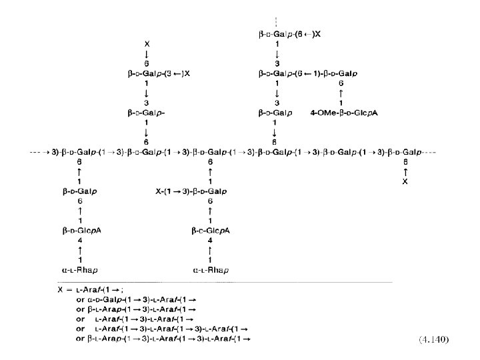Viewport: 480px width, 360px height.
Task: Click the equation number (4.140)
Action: [x=433, y=339]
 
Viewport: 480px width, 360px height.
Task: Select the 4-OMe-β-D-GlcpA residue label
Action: [x=345, y=113]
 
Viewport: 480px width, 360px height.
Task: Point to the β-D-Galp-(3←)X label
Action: [x=159, y=73]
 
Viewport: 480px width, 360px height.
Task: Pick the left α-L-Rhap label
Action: [x=79, y=270]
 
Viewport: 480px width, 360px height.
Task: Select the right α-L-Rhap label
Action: [x=211, y=270]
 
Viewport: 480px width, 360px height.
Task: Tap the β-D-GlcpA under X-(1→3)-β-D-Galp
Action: [x=211, y=231]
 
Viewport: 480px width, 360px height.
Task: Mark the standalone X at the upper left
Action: [x=147, y=43]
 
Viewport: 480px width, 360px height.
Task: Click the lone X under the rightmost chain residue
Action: [x=405, y=182]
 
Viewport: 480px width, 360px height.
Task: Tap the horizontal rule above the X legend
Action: [x=223, y=281]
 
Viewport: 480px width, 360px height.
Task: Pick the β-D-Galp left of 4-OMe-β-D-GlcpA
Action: [x=276, y=113]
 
